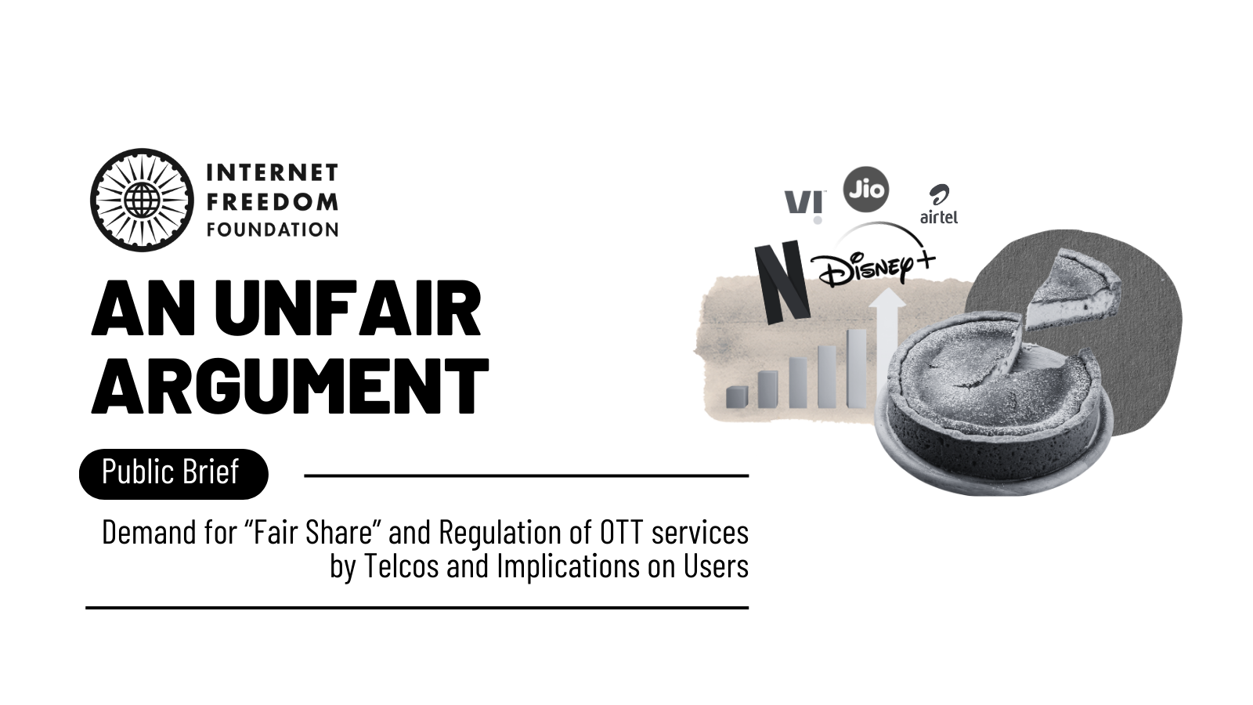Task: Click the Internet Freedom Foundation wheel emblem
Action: point(142,200)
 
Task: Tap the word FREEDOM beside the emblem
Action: point(273,201)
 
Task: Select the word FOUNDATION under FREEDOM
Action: point(273,230)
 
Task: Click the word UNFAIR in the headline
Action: point(348,309)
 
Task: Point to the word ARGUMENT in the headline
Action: point(291,385)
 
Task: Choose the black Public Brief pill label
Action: point(173,474)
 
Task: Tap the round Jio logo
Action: point(866,189)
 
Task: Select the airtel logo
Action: point(939,204)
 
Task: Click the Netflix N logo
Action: point(782,282)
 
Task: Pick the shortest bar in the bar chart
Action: point(737,396)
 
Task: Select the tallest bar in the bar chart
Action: point(857,368)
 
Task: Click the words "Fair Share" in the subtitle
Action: point(312,532)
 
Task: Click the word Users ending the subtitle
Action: point(716,566)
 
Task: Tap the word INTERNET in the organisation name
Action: point(273,173)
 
